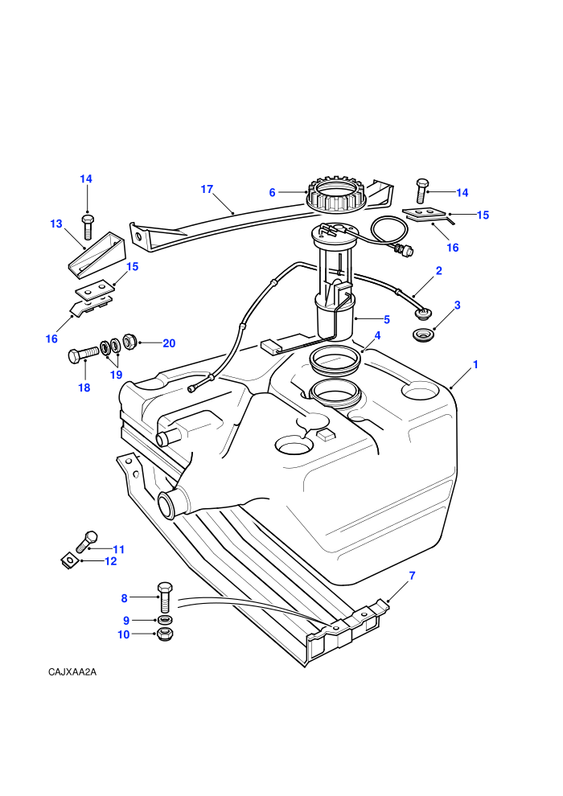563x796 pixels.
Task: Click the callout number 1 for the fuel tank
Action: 475,364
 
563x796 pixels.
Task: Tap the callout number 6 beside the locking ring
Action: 272,192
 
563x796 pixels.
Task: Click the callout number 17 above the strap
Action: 207,190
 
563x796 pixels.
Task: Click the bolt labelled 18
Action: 83,353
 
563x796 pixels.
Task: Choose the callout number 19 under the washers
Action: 117,375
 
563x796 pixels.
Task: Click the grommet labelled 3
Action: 422,335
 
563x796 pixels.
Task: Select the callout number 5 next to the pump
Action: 387,319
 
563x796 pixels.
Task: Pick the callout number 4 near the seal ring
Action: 377,335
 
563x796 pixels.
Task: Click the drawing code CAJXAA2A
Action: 72,672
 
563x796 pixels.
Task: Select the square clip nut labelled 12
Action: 68,562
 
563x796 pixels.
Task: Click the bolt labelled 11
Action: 86,542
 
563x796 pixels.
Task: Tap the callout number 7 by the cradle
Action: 413,576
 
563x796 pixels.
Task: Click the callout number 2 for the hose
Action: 438,271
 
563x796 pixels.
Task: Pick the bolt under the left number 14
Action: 87,227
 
